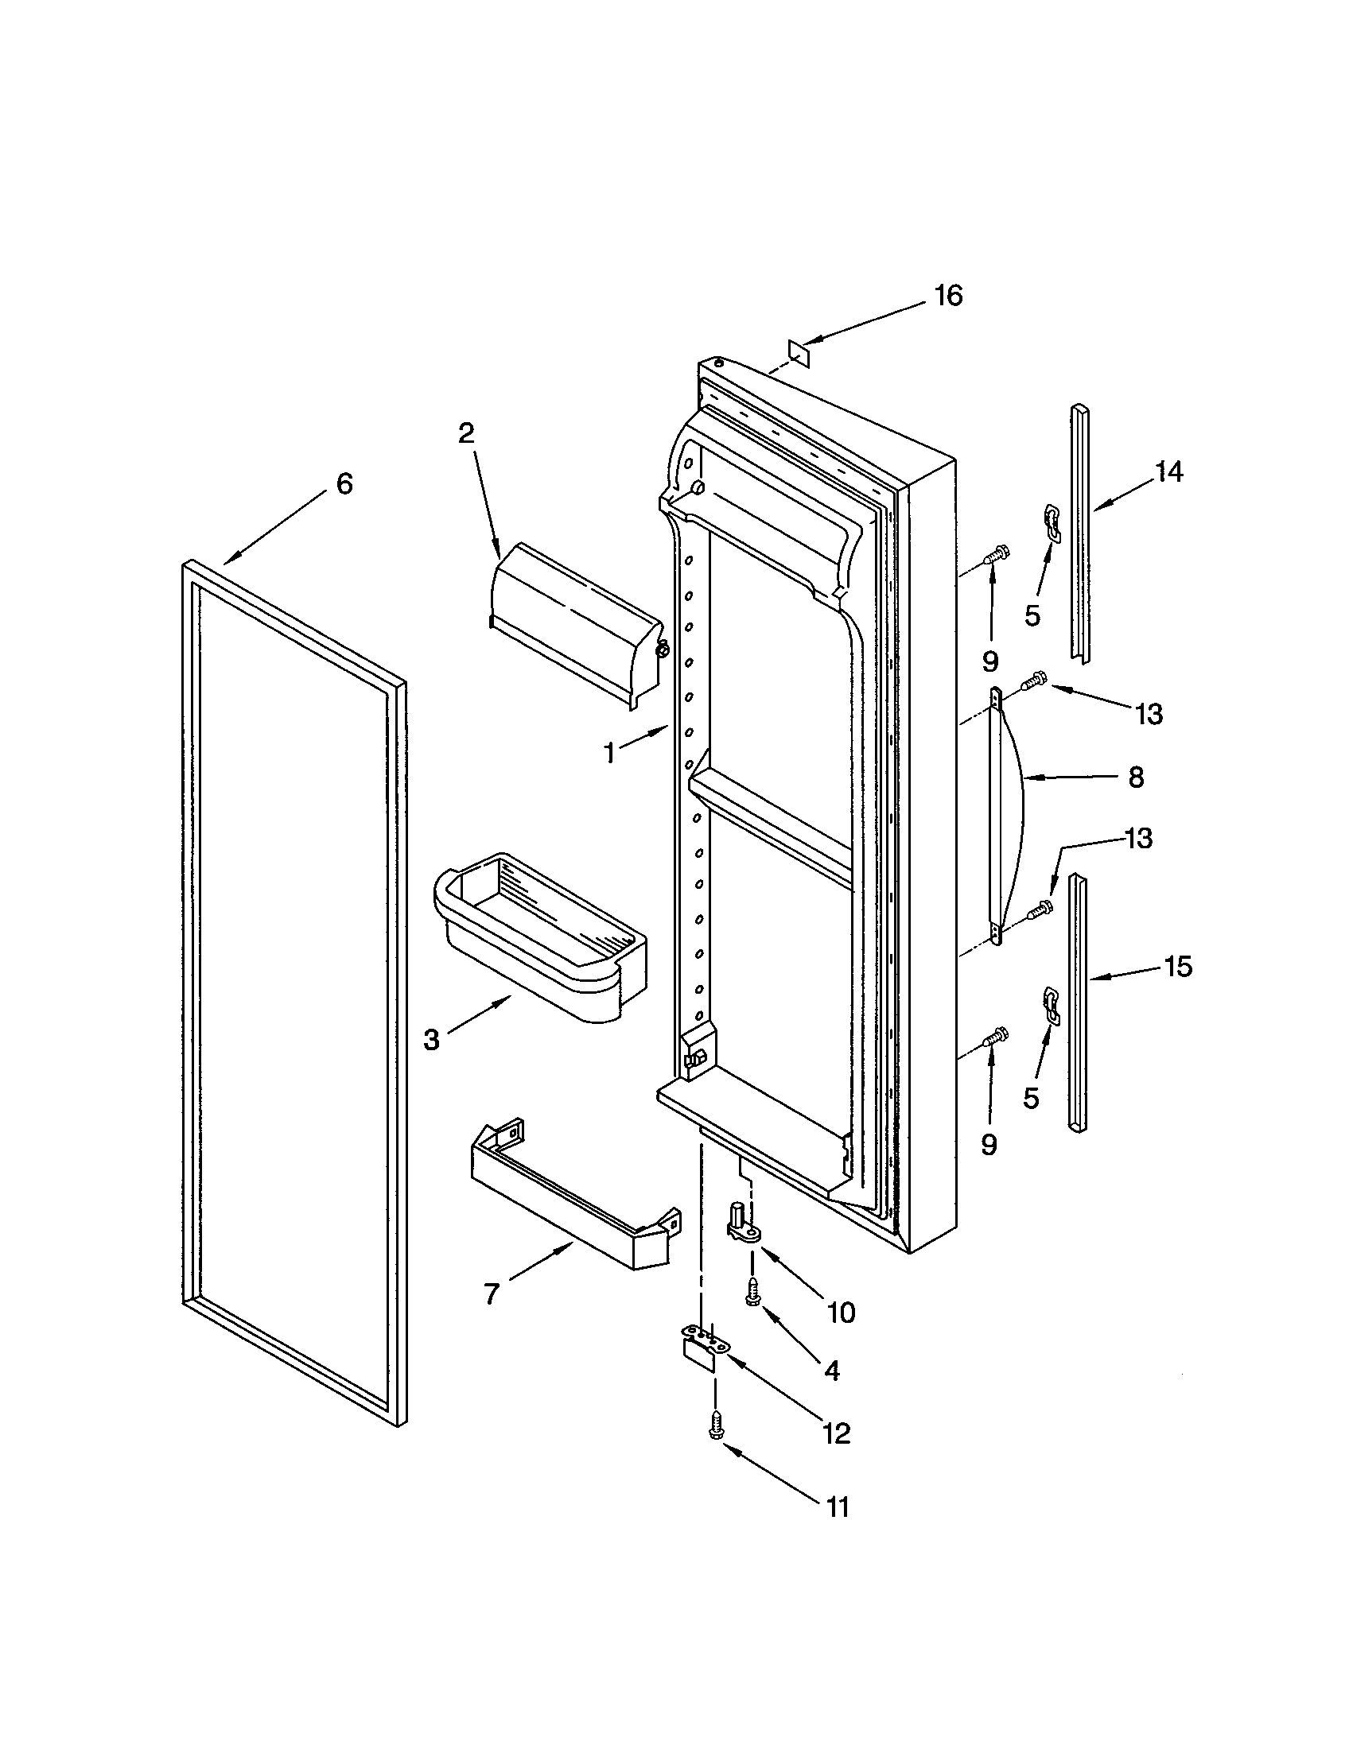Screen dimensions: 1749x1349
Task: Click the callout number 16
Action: coord(948,297)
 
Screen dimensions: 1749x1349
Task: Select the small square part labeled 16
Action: coord(799,352)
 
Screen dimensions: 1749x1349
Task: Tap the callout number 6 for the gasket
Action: coord(344,483)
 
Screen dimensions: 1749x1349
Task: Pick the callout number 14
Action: coord(1168,472)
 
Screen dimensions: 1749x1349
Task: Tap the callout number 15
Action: coord(1177,967)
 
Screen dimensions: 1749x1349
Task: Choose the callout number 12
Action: coord(835,1433)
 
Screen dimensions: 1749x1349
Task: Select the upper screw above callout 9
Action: coord(997,553)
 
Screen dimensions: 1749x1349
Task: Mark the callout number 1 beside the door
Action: coord(609,753)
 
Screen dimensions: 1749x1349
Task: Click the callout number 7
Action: coord(492,1293)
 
